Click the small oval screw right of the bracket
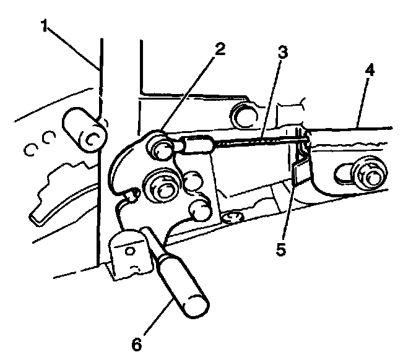233,217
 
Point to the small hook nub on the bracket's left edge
132,196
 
